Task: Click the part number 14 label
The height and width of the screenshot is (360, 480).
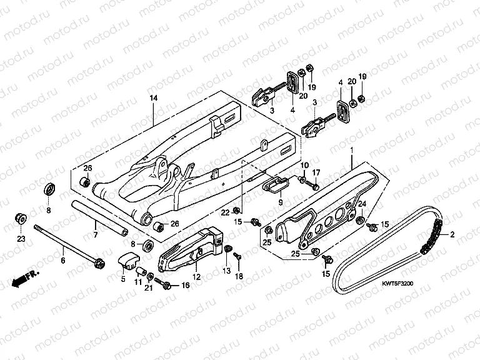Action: pos(152,98)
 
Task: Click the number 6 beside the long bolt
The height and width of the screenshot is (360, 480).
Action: pos(63,251)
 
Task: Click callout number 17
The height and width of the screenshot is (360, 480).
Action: pos(316,172)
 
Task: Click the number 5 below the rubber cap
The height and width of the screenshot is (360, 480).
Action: pos(122,279)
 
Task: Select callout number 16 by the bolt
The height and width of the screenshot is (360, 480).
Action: pos(184,285)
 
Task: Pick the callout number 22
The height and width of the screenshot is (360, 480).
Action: pos(226,212)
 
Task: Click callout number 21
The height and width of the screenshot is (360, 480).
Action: pos(149,289)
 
